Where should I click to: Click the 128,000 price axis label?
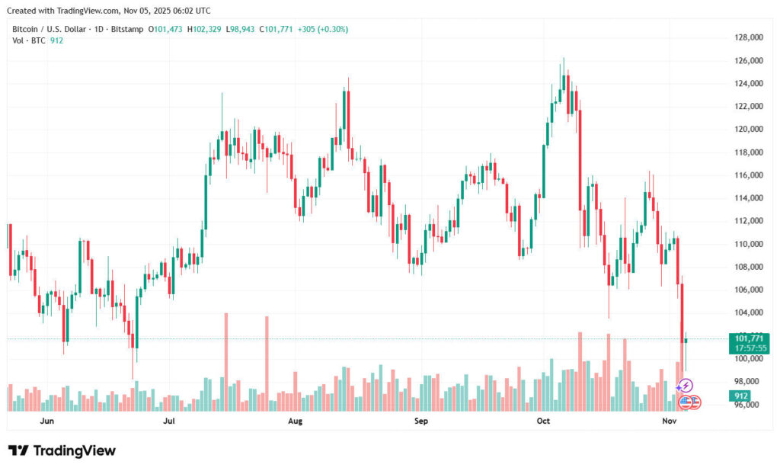click(x=749, y=37)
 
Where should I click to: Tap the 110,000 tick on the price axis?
click(x=749, y=244)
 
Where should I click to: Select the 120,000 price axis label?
click(x=749, y=129)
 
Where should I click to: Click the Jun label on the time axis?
click(x=46, y=421)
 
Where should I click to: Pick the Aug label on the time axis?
click(x=296, y=421)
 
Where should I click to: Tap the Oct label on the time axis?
click(x=543, y=421)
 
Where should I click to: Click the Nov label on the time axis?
click(x=669, y=421)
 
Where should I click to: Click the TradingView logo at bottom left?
click(x=62, y=450)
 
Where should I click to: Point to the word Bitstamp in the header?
click(x=126, y=29)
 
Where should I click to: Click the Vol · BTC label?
click(x=27, y=40)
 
